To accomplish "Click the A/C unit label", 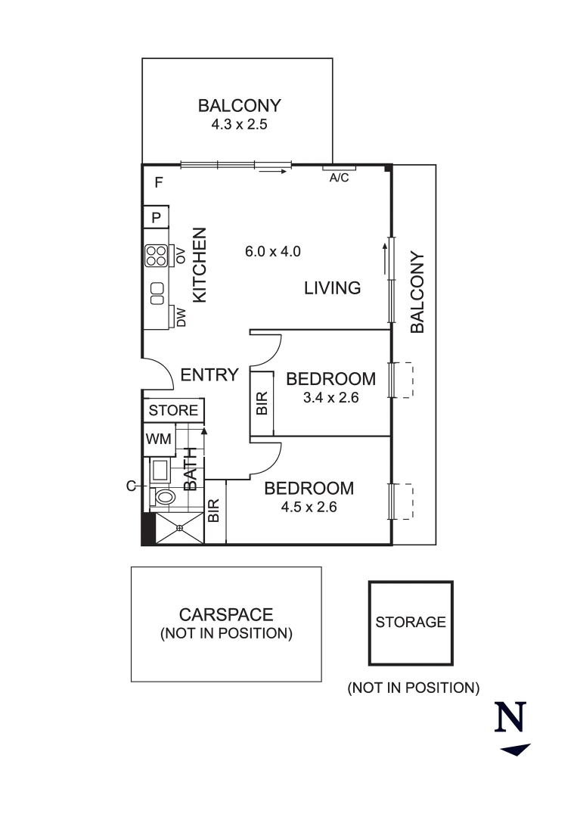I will point(337,179).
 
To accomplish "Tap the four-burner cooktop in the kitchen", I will point(157,256).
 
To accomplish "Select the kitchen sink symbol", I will point(157,294).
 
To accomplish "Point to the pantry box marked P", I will point(157,217).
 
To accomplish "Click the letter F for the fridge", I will point(159,182).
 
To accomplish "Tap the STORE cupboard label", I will point(173,411).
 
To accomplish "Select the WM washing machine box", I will point(158,438).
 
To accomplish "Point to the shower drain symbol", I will point(180,528).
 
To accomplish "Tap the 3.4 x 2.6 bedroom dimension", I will point(330,396).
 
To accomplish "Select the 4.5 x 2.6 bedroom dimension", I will point(309,507).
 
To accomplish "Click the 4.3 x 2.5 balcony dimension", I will point(239,123).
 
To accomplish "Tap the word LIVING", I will point(332,288).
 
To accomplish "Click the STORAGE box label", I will point(411,622).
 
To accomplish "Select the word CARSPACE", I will point(226,615).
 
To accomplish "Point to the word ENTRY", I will point(209,374).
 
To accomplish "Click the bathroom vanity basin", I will point(160,471).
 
